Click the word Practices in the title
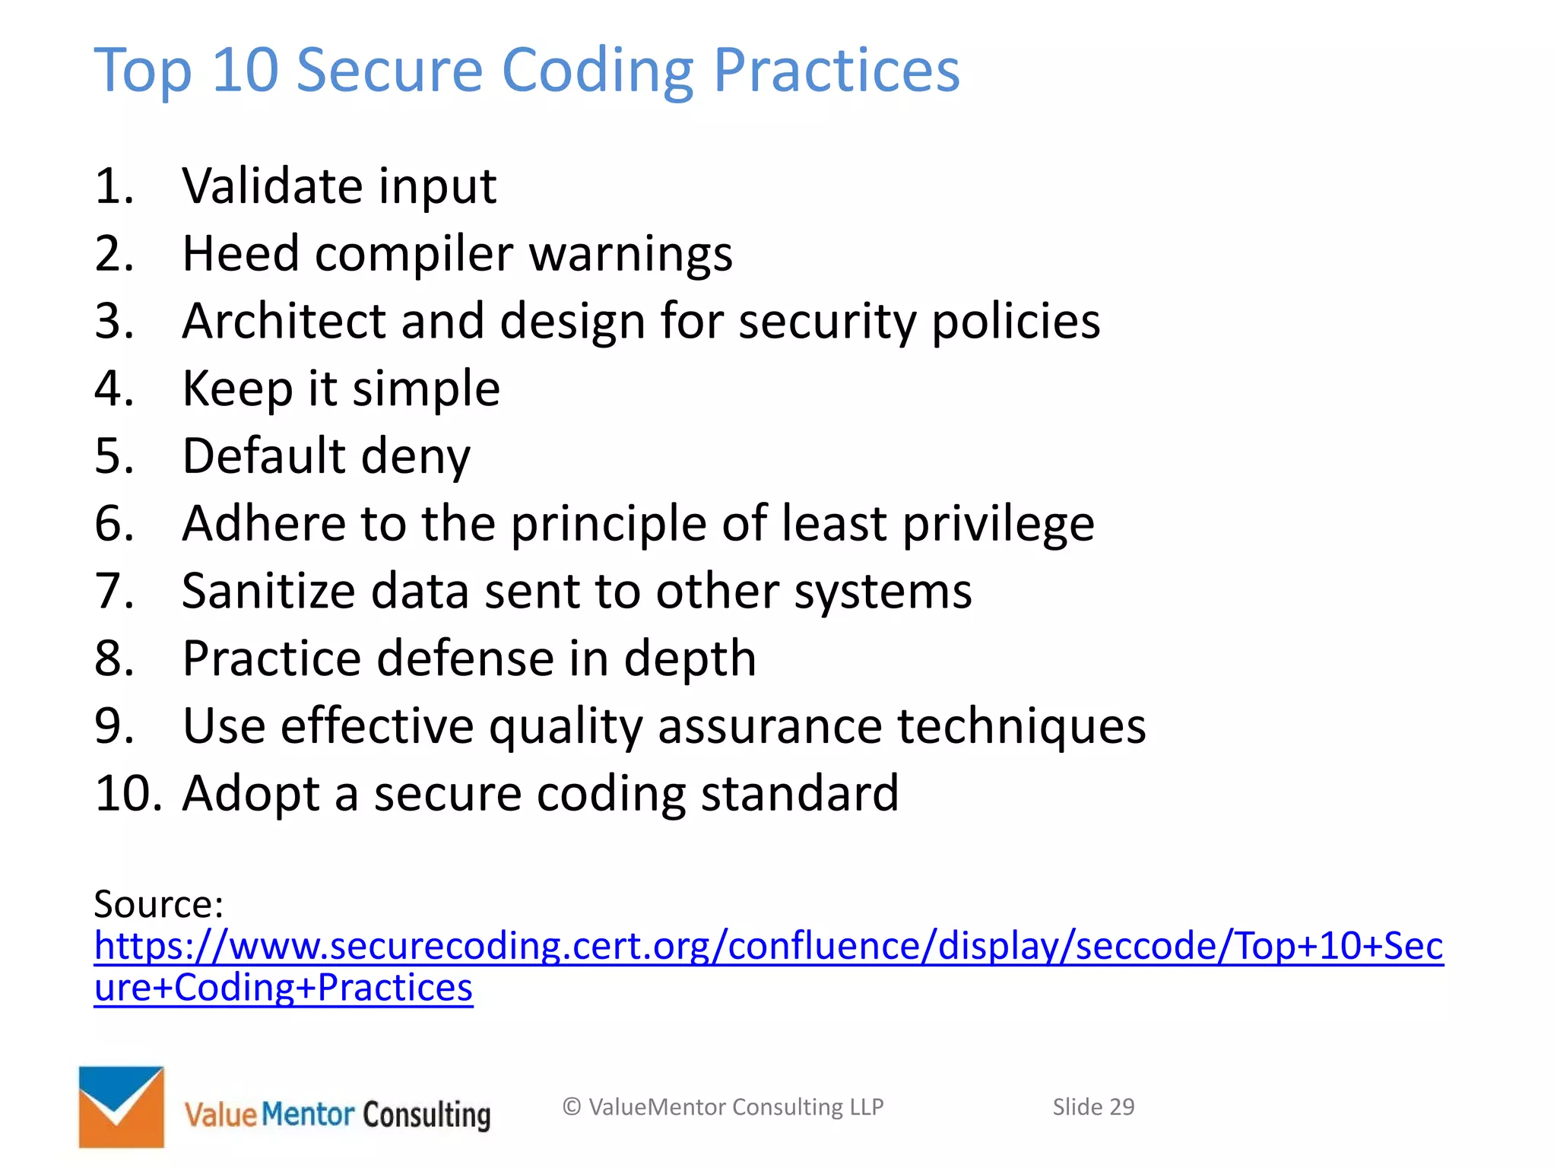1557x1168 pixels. coord(836,70)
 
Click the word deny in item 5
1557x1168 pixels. coord(415,456)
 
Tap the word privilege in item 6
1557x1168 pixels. coord(997,524)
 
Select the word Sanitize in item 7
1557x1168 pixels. coord(268,591)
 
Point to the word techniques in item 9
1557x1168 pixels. coord(1021,726)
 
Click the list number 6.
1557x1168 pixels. coord(114,524)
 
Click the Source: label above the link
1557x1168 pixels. coord(158,904)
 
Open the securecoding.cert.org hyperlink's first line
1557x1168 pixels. coord(768,946)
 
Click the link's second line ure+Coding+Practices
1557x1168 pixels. coord(283,988)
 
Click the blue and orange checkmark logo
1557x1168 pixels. coord(122,1106)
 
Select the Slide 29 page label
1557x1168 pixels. coord(1092,1107)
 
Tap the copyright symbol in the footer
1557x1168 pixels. coord(572,1107)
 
